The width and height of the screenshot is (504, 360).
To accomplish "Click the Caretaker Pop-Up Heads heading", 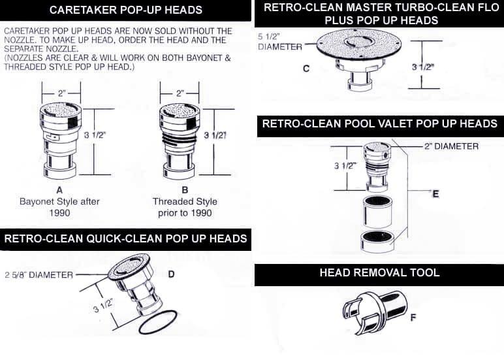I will (125, 10).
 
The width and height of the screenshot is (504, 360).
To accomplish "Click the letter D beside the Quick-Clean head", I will (171, 274).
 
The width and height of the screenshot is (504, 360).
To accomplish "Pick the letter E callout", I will (435, 194).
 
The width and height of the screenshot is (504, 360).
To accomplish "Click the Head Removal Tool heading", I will (379, 273).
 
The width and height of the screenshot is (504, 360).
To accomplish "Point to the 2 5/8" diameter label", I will (39, 274).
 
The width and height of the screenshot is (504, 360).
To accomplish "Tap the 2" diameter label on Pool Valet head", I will (450, 146).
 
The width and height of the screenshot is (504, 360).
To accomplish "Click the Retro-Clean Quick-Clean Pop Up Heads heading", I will (125, 238).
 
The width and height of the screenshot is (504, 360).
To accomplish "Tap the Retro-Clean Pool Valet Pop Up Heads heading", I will (379, 123).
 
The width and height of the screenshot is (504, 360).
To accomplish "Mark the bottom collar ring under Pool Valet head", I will (378, 240).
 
